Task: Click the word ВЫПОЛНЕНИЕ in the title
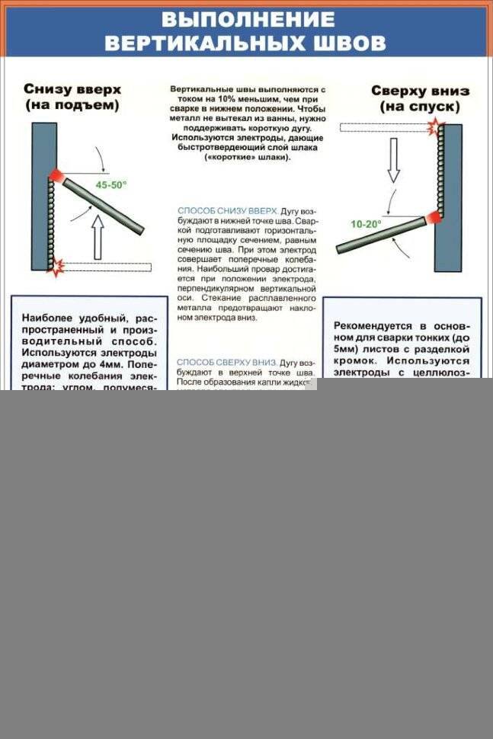tap(248, 19)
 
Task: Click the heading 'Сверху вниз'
tap(421, 90)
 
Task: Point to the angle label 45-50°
tap(111, 184)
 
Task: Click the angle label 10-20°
tap(366, 224)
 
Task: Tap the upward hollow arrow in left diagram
tap(98, 235)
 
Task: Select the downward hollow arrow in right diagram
tap(393, 163)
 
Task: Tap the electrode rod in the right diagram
tap(381, 235)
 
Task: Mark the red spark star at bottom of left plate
tap(55, 266)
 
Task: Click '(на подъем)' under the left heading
tap(72, 106)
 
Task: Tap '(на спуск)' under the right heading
tap(421, 107)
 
